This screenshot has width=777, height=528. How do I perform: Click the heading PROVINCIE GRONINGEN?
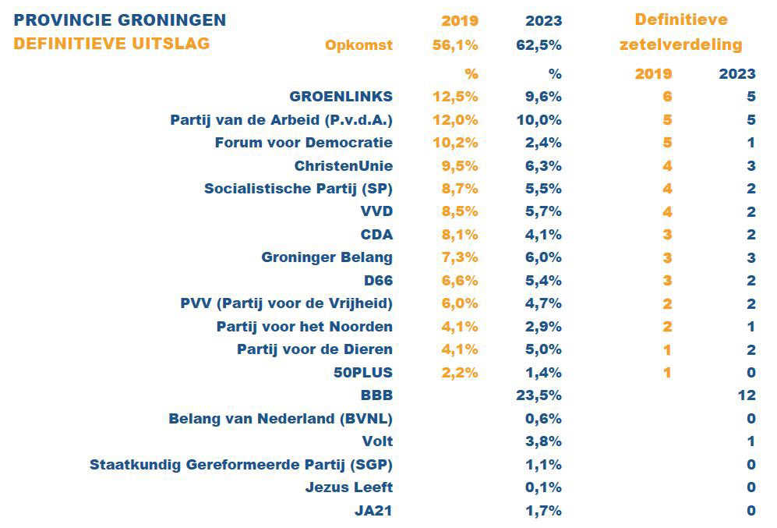coord(120,19)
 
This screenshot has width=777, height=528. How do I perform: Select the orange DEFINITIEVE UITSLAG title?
coord(111,44)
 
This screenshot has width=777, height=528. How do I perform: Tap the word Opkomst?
coord(358,45)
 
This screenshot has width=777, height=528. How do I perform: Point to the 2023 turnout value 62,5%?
coord(539,45)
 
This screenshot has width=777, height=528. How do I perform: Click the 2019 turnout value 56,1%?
coord(455,45)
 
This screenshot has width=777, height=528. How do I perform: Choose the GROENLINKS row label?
coord(341,97)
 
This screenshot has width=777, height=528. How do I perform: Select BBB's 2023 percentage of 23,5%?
coord(539,395)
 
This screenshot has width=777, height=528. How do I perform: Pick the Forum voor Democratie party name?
coord(304,143)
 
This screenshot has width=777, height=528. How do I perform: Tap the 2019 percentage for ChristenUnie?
coord(455,166)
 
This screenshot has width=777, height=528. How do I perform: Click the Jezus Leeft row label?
coord(349,487)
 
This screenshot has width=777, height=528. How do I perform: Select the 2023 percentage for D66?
coord(539,281)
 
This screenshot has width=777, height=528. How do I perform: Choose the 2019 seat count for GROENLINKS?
coord(667,97)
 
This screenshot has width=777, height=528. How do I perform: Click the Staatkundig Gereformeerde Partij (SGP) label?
coord(242,465)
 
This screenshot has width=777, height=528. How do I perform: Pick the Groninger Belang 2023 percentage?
coord(539,257)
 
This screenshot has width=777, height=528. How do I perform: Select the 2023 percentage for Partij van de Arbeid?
coord(539,120)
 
